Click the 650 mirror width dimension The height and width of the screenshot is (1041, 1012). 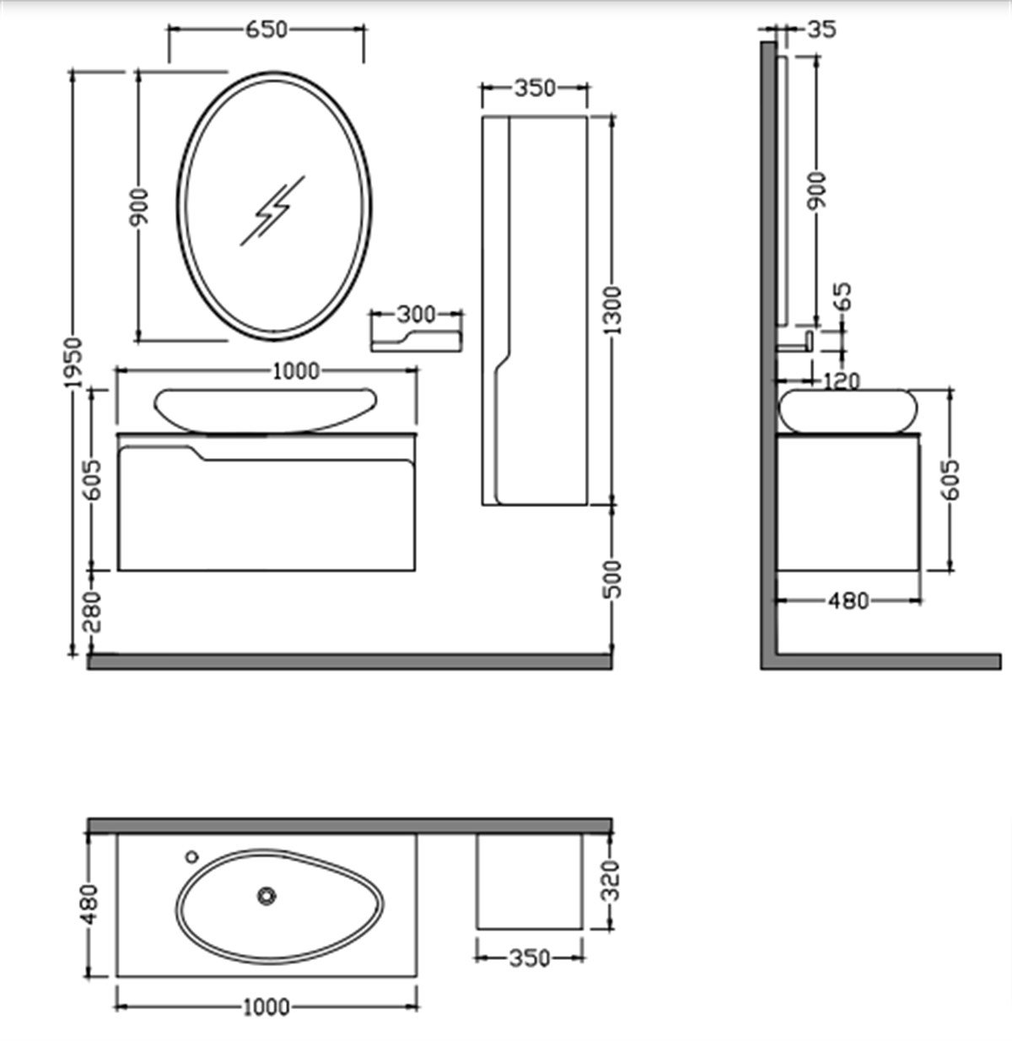point(266,30)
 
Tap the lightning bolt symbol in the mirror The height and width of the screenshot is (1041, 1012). point(272,211)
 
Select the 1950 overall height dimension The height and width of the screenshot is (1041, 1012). point(73,362)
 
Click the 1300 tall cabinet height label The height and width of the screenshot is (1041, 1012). point(612,310)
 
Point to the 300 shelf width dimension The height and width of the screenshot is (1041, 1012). point(416,315)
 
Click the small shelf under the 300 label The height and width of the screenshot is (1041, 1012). point(416,340)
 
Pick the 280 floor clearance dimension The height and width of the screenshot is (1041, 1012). point(93,612)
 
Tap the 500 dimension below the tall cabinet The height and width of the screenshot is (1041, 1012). point(613,579)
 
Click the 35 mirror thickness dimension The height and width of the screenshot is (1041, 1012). point(821,30)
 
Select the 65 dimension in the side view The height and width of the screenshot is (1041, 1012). point(843,296)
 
